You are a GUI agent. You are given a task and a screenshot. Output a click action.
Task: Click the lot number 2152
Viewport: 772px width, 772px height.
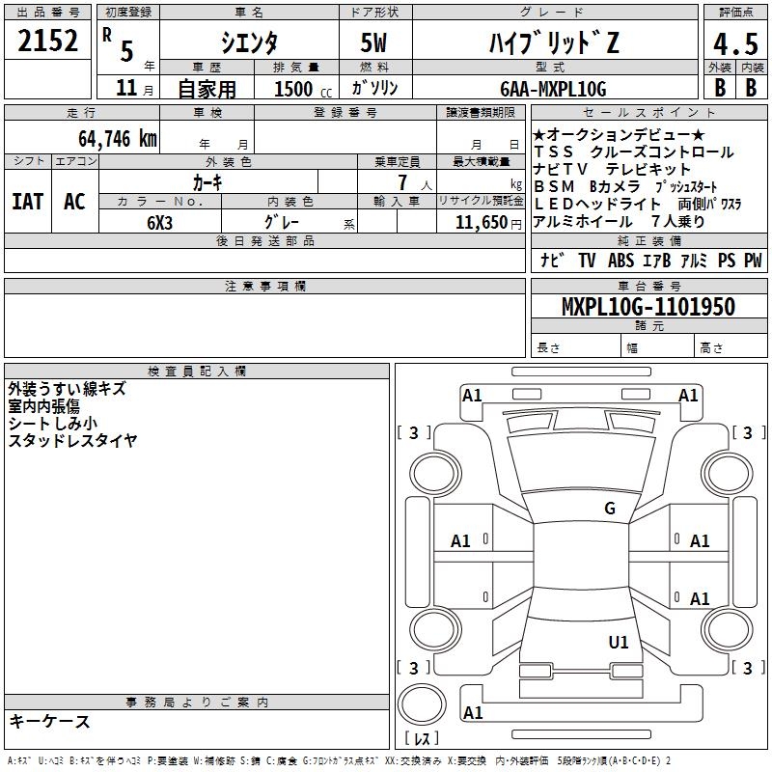[x=47, y=41]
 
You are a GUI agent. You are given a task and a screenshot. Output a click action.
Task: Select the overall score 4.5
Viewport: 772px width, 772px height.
[x=735, y=43]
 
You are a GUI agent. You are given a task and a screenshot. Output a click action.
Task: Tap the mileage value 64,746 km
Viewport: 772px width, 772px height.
[x=118, y=139]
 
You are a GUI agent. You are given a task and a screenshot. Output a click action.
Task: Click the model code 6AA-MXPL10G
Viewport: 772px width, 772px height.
[x=553, y=89]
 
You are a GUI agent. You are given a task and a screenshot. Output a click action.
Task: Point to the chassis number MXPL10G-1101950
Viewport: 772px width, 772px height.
[x=648, y=306]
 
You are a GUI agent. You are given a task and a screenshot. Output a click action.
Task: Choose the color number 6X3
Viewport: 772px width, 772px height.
[x=159, y=223]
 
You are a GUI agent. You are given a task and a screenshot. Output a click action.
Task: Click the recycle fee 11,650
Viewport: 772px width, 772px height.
[x=481, y=223]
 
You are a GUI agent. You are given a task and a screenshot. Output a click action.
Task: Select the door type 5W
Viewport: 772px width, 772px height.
[x=373, y=42]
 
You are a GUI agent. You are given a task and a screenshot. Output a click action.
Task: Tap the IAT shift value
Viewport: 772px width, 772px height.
[x=27, y=202]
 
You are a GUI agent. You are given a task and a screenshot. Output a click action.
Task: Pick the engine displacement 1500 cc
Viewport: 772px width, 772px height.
[x=303, y=89]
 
